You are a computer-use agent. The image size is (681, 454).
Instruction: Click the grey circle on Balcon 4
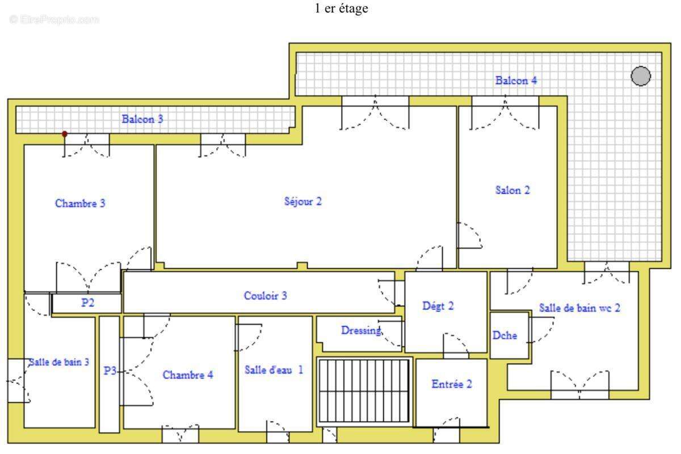click(641, 75)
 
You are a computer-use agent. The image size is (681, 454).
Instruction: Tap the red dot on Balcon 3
click(65, 134)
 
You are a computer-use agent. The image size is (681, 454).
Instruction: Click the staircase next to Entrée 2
click(364, 392)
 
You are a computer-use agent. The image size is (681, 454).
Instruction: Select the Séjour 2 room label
click(303, 201)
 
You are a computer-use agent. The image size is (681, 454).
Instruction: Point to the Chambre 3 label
click(80, 203)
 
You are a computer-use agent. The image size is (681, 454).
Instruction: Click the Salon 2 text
click(512, 190)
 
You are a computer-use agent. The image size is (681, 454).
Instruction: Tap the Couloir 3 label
click(265, 296)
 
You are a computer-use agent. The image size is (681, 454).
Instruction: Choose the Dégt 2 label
click(438, 306)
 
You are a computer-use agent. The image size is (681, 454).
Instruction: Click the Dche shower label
click(505, 335)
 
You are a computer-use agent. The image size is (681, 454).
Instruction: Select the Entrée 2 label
click(452, 384)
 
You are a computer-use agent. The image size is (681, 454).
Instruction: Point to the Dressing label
click(361, 330)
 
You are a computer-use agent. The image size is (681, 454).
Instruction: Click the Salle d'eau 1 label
click(274, 370)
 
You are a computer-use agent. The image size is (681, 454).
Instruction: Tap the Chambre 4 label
click(188, 375)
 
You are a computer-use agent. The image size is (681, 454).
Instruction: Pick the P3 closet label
click(110, 371)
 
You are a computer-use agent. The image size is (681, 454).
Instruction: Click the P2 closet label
click(87, 302)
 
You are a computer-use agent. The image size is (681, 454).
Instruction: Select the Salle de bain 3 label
click(58, 362)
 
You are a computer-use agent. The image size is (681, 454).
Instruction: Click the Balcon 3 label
click(142, 119)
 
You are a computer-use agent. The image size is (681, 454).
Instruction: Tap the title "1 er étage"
click(341, 9)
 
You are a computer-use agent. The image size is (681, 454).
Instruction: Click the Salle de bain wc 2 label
click(579, 308)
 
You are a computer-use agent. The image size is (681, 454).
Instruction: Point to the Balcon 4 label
click(516, 81)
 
